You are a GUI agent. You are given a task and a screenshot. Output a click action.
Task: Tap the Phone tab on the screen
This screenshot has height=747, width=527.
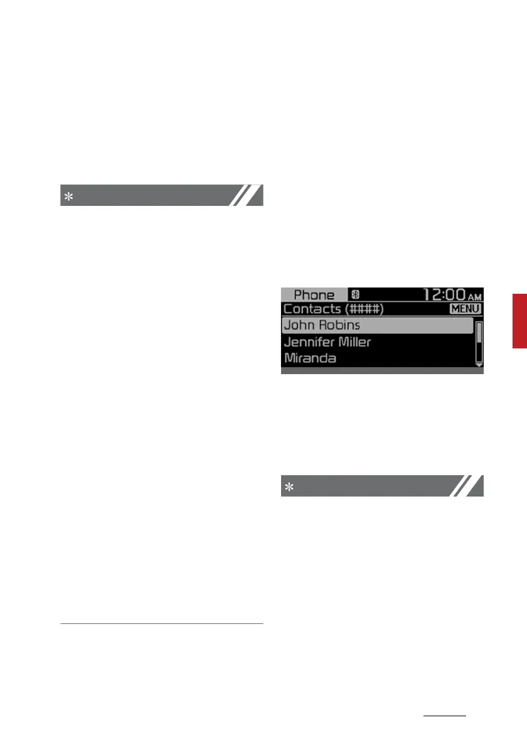[x=314, y=295]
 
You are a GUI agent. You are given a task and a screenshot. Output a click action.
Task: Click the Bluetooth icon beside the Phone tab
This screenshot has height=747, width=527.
[x=354, y=294]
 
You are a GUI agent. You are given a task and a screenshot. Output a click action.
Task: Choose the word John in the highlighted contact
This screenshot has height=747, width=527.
[x=299, y=326]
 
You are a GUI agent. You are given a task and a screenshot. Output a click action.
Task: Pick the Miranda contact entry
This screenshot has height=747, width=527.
[x=310, y=358]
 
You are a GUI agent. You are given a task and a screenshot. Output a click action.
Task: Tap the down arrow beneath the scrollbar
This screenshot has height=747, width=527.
[x=479, y=364]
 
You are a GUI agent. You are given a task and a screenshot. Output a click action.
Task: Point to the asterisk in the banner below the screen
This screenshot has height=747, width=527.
[x=289, y=487]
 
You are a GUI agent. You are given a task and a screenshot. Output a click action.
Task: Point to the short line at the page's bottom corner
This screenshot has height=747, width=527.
[x=445, y=714]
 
